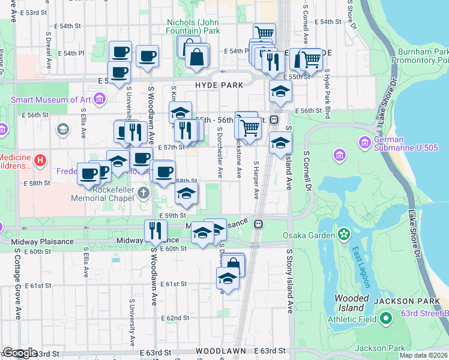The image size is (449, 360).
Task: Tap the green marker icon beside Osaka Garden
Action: tap(344, 233)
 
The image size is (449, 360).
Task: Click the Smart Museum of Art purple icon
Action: tap(100, 97)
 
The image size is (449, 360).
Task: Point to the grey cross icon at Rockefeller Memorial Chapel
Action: tap(143, 193)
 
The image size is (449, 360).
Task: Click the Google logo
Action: tap(19, 353)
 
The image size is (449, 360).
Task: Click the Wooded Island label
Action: tap(347, 303)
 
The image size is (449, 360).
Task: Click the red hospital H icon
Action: tap(40, 160)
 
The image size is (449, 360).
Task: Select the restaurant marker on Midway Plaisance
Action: tap(155, 230)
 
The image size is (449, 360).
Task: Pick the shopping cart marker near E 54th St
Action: tap(264, 32)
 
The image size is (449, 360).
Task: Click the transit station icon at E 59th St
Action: tap(259, 224)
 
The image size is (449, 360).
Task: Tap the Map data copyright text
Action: tap(424, 355)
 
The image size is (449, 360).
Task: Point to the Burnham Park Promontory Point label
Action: tap(420, 56)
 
